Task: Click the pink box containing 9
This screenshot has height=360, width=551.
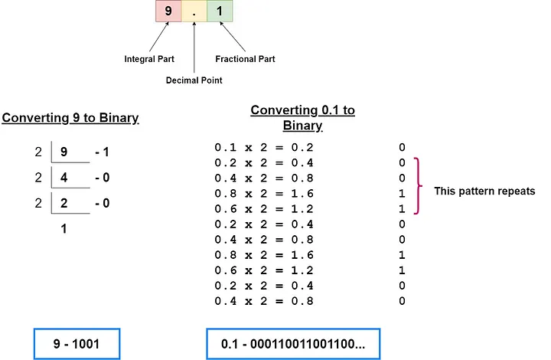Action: pos(168,11)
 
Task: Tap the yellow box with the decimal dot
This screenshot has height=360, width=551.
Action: pos(194,11)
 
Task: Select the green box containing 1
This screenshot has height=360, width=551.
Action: pos(220,11)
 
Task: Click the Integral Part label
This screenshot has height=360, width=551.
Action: pos(149,59)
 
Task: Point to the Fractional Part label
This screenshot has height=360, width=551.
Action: pos(246,59)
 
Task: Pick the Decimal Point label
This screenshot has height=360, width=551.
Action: pos(194,80)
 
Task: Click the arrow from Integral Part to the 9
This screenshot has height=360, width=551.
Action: pos(159,37)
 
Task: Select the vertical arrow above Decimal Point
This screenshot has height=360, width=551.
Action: pos(194,47)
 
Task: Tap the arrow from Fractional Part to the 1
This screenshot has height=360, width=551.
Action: pos(233,37)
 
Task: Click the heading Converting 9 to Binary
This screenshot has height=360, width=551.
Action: pos(70,118)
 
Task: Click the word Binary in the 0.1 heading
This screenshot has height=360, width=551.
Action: pos(302,126)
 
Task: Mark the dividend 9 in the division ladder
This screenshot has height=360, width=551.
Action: pos(64,152)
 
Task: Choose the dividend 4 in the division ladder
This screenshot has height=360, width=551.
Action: pos(64,177)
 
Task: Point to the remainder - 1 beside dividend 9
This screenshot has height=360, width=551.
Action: pos(102,152)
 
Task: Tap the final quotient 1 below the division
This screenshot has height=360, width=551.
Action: pos(64,228)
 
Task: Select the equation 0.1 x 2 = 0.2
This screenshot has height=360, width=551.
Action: pos(264,147)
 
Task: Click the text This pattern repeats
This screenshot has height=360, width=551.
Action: pos(484,191)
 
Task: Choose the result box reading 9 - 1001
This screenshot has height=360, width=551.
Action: pos(77,344)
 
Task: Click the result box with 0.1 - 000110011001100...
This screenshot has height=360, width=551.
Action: pos(293,344)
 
